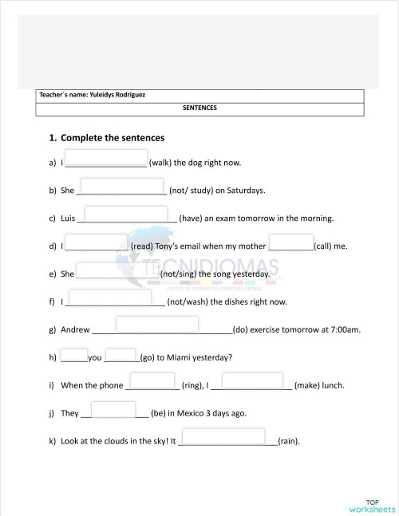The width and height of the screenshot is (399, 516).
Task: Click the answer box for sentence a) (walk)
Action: coord(106,158)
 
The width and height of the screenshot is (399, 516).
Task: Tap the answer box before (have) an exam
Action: coord(130,214)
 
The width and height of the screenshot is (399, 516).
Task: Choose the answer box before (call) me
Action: coord(291,242)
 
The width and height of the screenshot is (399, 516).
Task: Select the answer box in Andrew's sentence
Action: coord(157,325)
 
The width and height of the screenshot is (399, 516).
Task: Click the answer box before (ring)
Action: coord(150,380)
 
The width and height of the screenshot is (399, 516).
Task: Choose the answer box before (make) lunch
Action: coord(252,380)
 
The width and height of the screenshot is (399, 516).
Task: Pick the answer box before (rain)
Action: coord(223,436)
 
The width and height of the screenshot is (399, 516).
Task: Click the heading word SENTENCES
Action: coord(199,108)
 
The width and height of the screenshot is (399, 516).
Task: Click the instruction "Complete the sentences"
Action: coord(113,138)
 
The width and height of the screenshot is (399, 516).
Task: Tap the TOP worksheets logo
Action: coord(372,505)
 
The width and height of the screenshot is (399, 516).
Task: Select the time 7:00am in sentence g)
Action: coord(345,329)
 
